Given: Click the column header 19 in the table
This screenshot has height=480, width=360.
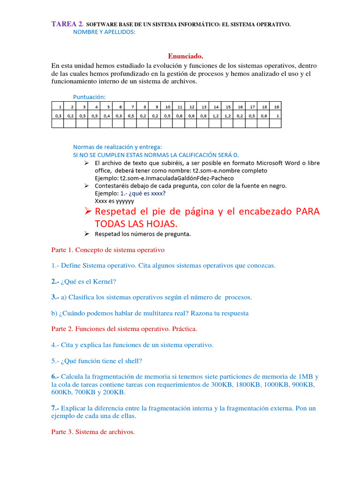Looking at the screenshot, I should click(277, 106).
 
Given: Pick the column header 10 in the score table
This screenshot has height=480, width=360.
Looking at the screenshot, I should click(167, 106).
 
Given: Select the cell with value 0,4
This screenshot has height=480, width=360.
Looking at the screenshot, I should click(106, 115).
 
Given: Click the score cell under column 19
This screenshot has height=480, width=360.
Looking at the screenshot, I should click(277, 115).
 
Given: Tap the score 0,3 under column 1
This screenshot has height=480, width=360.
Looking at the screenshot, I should click(58, 115).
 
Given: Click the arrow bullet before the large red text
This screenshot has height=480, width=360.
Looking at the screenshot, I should click(87, 211).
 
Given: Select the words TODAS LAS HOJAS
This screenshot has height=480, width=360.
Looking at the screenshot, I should click(130, 225).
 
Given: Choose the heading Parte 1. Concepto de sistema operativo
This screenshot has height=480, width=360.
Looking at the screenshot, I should click(108, 250).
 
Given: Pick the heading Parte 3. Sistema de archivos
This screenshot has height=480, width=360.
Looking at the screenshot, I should click(93, 432).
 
